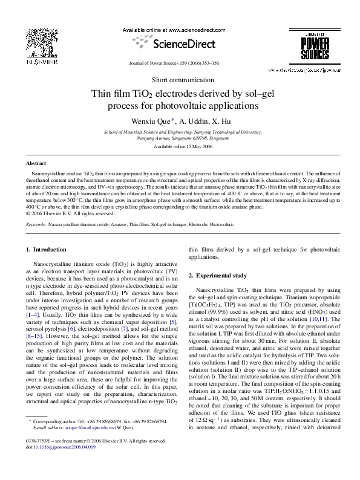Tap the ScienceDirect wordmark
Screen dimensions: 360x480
click(x=180, y=44)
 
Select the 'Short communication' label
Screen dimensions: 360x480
click(x=180, y=80)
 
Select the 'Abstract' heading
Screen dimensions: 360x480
click(x=38, y=163)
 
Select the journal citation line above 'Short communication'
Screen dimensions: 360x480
click(x=180, y=63)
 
